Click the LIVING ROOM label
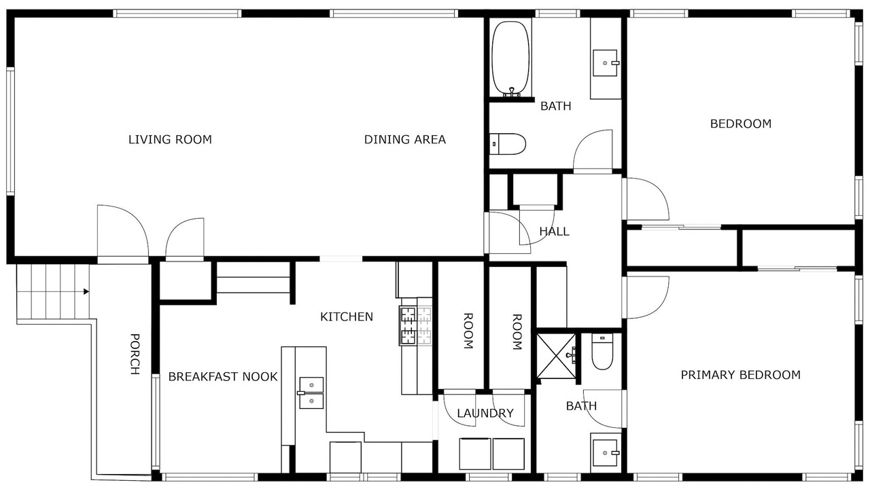tap(170, 139)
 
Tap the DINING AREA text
tap(404, 139)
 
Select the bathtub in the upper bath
tap(510, 58)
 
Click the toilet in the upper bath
tap(507, 144)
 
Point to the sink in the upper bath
tap(605, 63)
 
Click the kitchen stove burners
tap(415, 326)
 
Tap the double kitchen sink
tap(311, 393)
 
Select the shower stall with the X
tap(556, 356)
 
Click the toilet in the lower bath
tap(602, 351)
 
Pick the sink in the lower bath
tap(604, 453)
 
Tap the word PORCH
tap(135, 354)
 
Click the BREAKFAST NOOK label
tap(223, 376)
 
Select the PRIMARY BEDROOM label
tap(741, 375)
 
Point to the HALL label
tap(554, 232)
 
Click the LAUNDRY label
tap(485, 414)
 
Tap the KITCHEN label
tap(347, 317)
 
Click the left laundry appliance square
tap(474, 454)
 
